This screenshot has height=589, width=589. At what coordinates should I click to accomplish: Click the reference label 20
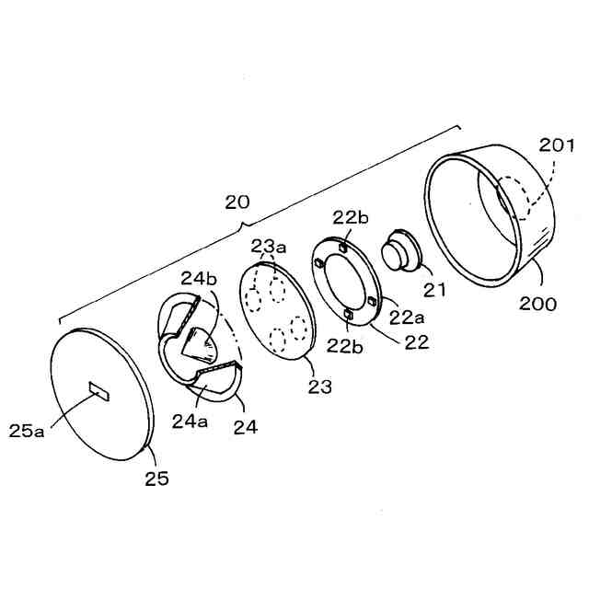click(x=238, y=202)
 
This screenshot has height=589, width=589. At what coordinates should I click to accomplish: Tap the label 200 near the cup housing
click(x=537, y=303)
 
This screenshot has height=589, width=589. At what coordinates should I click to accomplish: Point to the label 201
click(x=558, y=145)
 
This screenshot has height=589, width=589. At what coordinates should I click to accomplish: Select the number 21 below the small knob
click(x=433, y=290)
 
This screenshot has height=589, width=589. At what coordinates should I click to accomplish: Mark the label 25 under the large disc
click(x=156, y=478)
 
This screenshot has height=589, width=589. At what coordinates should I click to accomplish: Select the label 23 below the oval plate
click(x=319, y=387)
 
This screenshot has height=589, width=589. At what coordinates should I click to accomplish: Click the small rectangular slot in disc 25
click(x=98, y=391)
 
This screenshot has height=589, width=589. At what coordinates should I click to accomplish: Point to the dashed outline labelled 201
click(x=523, y=196)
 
